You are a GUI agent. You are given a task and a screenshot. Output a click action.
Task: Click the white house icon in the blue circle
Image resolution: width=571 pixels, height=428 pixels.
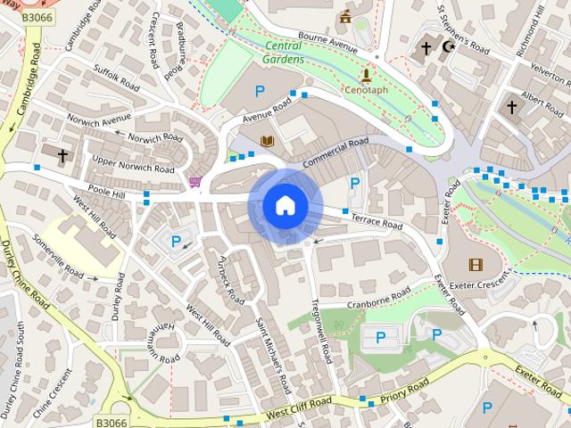(x=285, y=206)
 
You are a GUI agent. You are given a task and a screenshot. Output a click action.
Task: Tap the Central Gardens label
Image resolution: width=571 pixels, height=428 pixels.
(x=284, y=53)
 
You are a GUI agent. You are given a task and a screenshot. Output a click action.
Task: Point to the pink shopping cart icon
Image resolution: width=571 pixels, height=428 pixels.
(x=194, y=183)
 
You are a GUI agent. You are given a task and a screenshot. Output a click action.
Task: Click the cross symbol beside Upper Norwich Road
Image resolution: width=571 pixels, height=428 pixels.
(x=62, y=156)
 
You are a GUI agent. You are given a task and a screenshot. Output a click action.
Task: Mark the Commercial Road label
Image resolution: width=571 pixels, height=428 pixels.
(x=335, y=152)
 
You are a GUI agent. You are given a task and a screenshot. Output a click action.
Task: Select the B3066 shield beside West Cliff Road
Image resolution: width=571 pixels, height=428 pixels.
(x=111, y=422)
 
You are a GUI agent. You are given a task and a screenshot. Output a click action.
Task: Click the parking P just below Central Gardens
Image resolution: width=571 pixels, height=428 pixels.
(x=260, y=91)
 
